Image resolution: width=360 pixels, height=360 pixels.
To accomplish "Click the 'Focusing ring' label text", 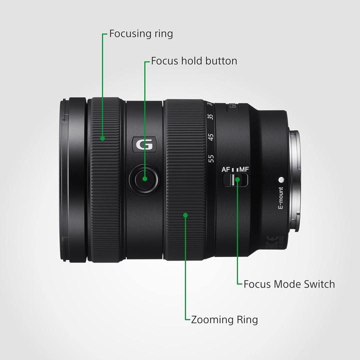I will pos(140,34).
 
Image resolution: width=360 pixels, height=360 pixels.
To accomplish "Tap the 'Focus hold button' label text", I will pos(194,61).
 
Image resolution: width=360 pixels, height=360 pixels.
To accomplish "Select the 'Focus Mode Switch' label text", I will pos(289,284).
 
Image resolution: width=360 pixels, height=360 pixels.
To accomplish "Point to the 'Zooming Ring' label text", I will pos(224,319).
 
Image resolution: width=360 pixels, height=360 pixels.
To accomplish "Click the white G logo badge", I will pos(145,145).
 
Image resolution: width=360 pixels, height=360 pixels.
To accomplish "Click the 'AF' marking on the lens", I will pos(226,169).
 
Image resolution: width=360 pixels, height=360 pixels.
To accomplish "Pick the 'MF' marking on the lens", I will pos(243,169).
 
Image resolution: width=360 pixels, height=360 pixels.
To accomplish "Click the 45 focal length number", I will pos(211,137).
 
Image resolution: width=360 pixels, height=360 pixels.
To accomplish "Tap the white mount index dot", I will pos(281,179).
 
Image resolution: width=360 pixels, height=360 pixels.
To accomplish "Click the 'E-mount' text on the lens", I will pos(280,200).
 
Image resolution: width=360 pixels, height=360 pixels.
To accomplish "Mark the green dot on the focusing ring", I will pos(103,138).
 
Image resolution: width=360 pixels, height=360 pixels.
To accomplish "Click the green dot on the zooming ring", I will pos(185,215).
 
